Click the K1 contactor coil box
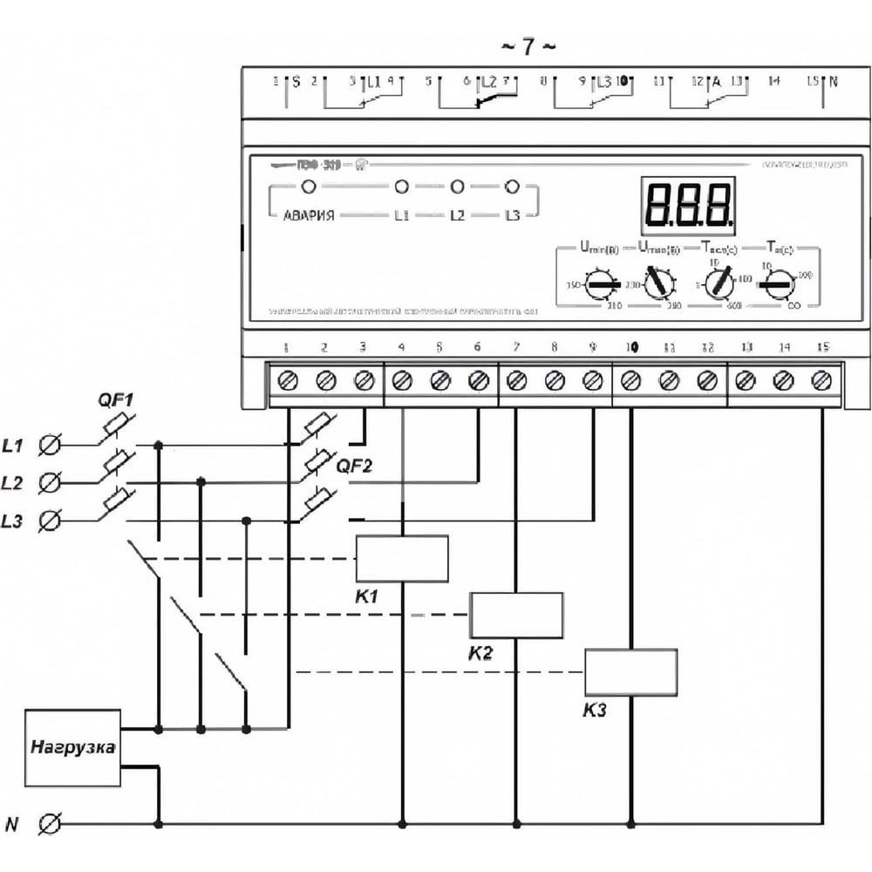coord(402,559)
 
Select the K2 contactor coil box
coord(516,615)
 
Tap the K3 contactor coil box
coord(630,672)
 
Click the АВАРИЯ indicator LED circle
coord(307,187)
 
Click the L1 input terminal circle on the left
coord(51,446)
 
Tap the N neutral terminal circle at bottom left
coord(51,821)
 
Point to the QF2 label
coord(353,467)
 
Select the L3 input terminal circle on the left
coord(51,521)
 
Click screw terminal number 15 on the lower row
coord(821,380)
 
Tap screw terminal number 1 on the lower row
coord(288,380)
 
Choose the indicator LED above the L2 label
coord(456,187)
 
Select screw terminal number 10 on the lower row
coord(631,380)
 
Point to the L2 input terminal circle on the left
coord(51,482)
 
